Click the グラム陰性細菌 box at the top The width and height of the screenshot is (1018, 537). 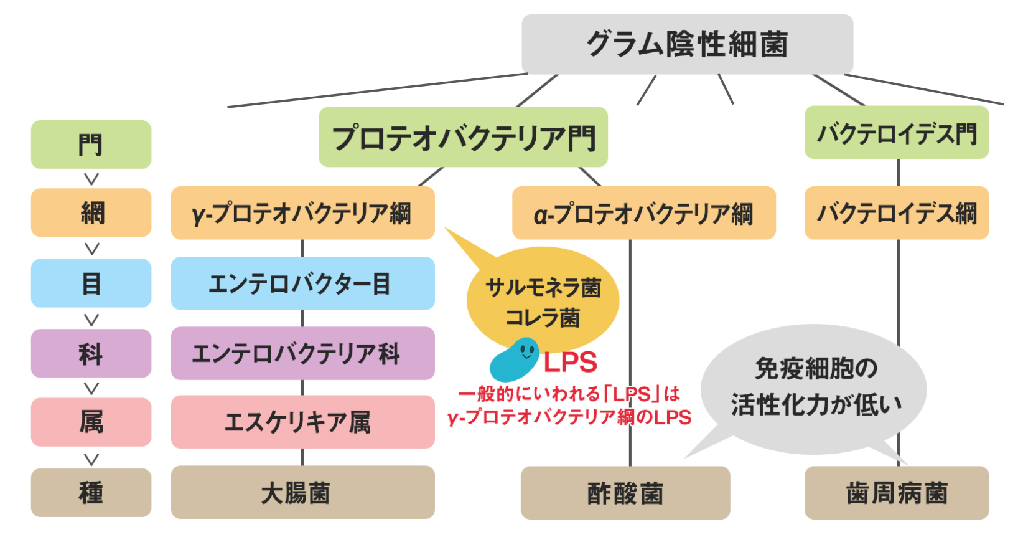click(x=687, y=44)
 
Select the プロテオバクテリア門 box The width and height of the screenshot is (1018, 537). click(x=463, y=137)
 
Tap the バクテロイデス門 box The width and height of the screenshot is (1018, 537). click(x=896, y=133)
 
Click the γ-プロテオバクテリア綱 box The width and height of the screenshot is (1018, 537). click(x=302, y=213)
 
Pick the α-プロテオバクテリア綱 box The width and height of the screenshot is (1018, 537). click(x=643, y=213)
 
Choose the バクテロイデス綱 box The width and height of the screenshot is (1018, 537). click(x=896, y=213)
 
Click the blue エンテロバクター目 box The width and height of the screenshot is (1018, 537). click(x=302, y=283)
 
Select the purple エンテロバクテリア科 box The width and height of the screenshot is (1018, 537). click(x=302, y=353)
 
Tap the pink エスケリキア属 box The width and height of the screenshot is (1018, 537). click(x=302, y=422)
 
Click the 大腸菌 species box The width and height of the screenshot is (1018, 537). click(x=302, y=492)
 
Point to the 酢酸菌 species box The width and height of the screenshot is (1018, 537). click(x=625, y=493)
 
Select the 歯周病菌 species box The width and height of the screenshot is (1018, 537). click(x=896, y=493)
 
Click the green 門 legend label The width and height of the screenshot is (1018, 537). click(x=91, y=145)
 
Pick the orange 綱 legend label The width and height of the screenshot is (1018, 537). click(x=91, y=212)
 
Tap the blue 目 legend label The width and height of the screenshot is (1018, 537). click(x=91, y=283)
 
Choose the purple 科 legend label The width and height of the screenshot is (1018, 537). click(x=91, y=353)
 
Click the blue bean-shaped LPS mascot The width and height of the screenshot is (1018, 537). click(x=514, y=361)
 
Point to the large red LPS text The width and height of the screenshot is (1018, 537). click(x=570, y=363)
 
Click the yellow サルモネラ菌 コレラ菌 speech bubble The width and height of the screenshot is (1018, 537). click(x=543, y=302)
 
